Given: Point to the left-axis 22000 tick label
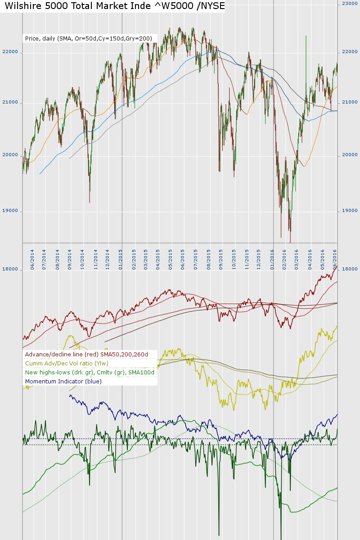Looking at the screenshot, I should pos(10,52).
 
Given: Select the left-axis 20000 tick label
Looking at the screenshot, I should pos(10,155).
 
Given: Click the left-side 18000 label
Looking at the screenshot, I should pos(10,270).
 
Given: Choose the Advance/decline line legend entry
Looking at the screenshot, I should pos(86,355).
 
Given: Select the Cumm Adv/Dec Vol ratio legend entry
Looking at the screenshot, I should pos(67,364).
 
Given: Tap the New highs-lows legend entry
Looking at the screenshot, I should pos(90,373).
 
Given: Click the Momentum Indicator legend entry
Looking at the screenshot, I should pos(63,382).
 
